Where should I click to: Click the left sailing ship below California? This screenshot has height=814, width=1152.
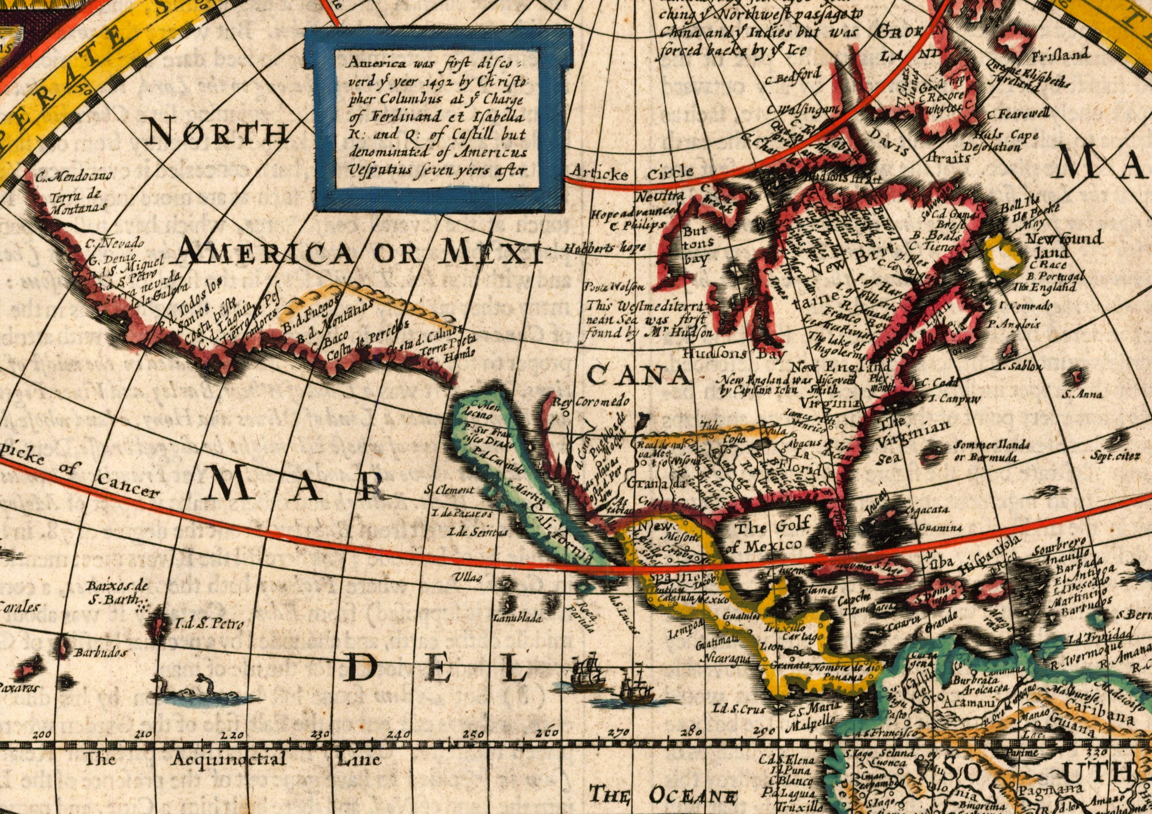tap(588, 673)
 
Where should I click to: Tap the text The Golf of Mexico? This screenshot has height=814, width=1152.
tap(771, 536)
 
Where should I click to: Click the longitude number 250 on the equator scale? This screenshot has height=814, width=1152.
tap(474, 734)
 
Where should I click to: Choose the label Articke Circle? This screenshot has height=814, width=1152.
tap(633, 174)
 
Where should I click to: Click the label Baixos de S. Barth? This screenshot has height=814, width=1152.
tap(116, 593)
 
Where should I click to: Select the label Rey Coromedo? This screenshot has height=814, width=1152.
tap(591, 402)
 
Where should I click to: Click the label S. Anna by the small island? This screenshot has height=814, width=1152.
tap(1082, 394)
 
